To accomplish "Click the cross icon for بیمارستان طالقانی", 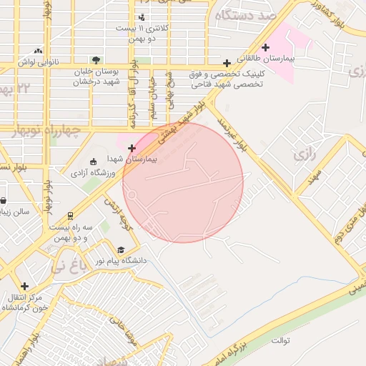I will [x=266, y=48].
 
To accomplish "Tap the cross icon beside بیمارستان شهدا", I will [x=132, y=148].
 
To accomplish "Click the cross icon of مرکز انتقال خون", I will [x=25, y=286].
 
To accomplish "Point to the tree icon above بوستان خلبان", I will [x=96, y=60].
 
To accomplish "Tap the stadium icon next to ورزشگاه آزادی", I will [x=93, y=162].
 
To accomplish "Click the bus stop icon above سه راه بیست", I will [x=70, y=215].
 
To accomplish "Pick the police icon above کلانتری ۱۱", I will [x=142, y=16].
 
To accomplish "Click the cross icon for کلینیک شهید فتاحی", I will [x=227, y=63].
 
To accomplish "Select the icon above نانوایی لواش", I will [x=37, y=51].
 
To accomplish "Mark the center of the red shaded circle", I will [x=183, y=182].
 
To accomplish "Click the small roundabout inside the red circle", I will [x=132, y=192].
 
